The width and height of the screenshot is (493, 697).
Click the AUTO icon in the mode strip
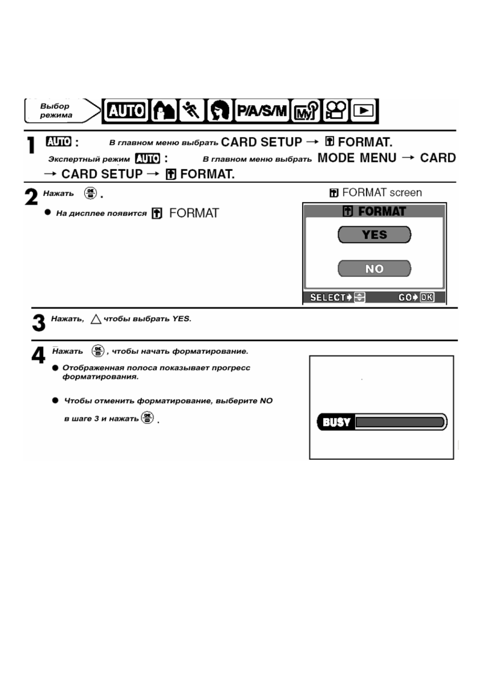point(126,111)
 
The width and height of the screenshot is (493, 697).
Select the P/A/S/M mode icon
point(262,111)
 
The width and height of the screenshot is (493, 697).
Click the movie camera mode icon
point(336,111)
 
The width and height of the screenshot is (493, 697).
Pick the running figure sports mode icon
point(191,111)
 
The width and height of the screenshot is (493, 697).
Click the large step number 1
point(31,146)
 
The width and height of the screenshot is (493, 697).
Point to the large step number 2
point(31,197)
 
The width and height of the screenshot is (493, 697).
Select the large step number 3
point(39,323)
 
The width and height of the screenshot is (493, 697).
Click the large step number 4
point(39,356)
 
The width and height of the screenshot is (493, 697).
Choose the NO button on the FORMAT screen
point(374,269)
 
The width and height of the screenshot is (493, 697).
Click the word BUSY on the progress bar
point(336,422)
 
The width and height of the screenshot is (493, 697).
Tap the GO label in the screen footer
point(405,298)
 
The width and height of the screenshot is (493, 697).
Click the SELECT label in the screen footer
point(328,298)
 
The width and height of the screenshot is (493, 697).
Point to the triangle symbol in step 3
point(96,319)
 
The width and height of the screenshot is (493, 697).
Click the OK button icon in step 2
point(90,193)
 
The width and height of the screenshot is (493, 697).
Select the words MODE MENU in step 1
point(357,158)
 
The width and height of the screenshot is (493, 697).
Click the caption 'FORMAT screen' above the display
point(382,193)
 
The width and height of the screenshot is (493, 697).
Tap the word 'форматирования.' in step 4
point(100,377)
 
